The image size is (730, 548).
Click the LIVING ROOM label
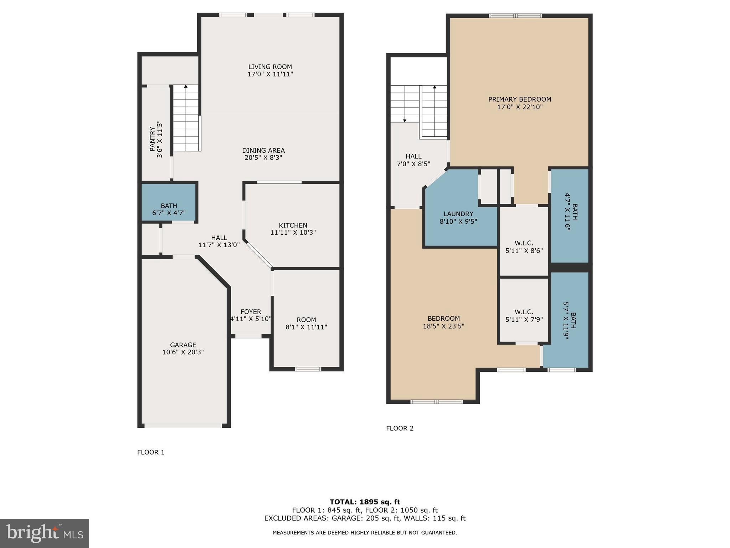[270, 67]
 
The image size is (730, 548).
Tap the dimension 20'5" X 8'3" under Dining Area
[263, 158]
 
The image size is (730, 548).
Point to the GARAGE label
[183, 345]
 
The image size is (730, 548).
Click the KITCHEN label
[293, 225]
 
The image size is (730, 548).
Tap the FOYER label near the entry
[251, 312]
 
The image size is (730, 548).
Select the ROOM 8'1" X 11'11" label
[306, 323]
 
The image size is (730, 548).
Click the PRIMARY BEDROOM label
[519, 100]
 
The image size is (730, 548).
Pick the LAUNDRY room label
[458, 214]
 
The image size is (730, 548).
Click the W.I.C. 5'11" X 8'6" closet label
[524, 247]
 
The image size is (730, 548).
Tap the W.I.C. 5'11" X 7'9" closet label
[524, 315]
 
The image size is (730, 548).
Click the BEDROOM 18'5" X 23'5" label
[443, 322]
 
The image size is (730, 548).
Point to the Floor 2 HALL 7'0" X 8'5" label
[413, 160]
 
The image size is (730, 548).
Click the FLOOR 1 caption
[151, 452]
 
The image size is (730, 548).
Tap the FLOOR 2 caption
[400, 428]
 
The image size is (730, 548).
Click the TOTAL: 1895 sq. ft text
[365, 502]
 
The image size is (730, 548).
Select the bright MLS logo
[45, 533]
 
